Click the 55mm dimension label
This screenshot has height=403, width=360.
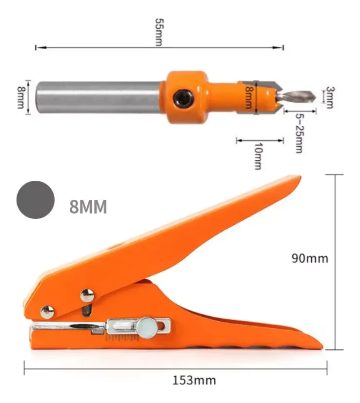coord(159,32)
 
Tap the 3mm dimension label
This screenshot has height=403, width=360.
coord(330,97)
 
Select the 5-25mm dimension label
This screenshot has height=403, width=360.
coord(300,134)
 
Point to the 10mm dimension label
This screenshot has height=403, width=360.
coord(259,156)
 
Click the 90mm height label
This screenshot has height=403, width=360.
coord(310,258)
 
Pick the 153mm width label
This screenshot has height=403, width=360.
coord(194,381)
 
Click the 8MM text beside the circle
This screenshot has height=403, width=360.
coord(88,207)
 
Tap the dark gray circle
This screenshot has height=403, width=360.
coord(36,200)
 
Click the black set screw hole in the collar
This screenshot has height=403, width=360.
coord(183,98)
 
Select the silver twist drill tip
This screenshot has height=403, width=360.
coord(296,97)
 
